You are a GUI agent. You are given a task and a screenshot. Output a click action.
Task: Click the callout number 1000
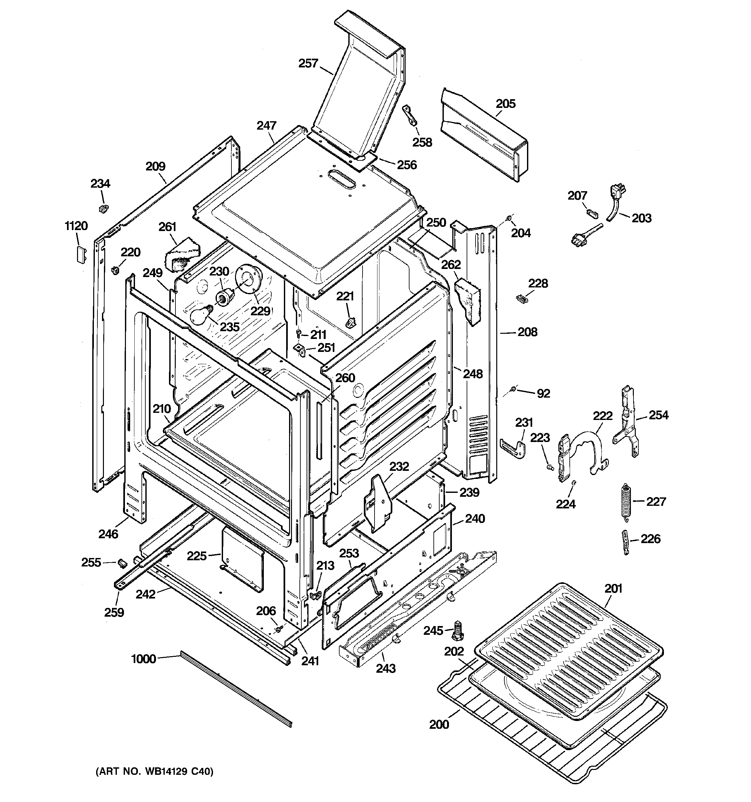pyautogui.click(x=143, y=659)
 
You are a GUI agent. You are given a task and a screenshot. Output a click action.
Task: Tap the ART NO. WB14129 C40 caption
pyautogui.click(x=154, y=771)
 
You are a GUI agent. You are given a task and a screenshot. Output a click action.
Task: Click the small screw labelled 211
pyautogui.click(x=298, y=333)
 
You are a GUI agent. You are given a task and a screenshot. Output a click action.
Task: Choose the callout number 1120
pyautogui.click(x=76, y=226)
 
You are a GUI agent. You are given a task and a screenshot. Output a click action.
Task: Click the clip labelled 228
pyautogui.click(x=522, y=298)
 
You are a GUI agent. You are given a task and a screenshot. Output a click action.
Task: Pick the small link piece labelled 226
pyautogui.click(x=625, y=542)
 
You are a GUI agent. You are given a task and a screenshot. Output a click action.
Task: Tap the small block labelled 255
pyautogui.click(x=122, y=562)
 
